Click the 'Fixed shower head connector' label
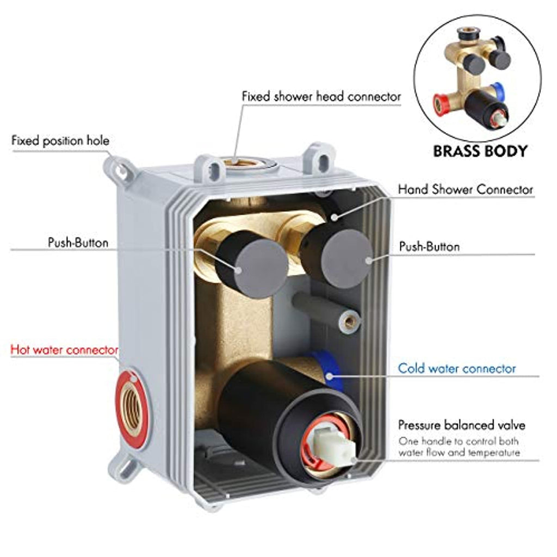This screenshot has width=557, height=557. click(x=321, y=97)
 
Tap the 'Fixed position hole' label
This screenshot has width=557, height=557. click(x=60, y=141)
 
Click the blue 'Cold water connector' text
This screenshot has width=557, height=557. click(x=456, y=369)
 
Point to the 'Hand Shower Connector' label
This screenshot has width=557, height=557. click(x=465, y=190)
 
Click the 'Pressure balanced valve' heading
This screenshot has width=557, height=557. click(x=461, y=425)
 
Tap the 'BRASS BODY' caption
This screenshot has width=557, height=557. click(x=480, y=151)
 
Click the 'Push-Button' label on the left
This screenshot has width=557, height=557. click(x=78, y=243)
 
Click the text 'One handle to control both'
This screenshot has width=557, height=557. click(x=459, y=441)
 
